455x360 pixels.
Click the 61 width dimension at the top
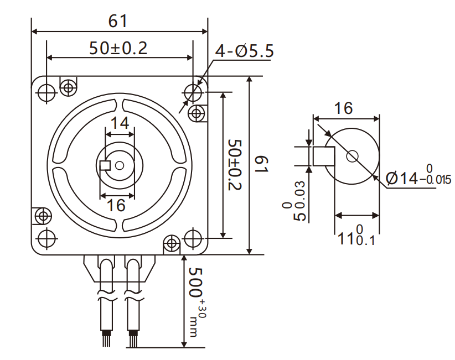tap(118, 21)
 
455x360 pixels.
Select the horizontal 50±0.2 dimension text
tap(118, 49)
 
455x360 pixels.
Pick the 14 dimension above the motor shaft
tap(119, 123)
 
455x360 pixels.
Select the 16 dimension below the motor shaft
tap(116, 206)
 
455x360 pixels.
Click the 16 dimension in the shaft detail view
tap(343, 108)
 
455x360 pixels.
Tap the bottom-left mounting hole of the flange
tap(46, 238)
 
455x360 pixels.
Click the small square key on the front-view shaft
tap(105, 165)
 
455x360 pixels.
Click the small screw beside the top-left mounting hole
tap(69, 87)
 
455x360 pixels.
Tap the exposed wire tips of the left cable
tap(106, 339)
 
